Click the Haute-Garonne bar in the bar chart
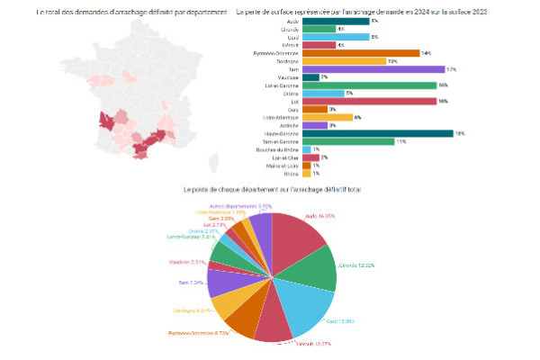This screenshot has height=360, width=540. [x=378, y=133]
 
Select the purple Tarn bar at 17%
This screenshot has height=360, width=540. [x=373, y=68]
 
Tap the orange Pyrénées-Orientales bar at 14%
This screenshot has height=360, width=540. [x=361, y=52]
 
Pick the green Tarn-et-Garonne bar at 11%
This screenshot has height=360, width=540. [x=348, y=141]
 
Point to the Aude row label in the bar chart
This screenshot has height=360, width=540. [x=290, y=20]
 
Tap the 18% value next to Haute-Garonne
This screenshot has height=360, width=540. [x=459, y=133]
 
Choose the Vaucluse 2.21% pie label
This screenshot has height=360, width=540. [x=187, y=262]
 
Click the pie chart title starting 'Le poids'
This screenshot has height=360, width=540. [x=271, y=190]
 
